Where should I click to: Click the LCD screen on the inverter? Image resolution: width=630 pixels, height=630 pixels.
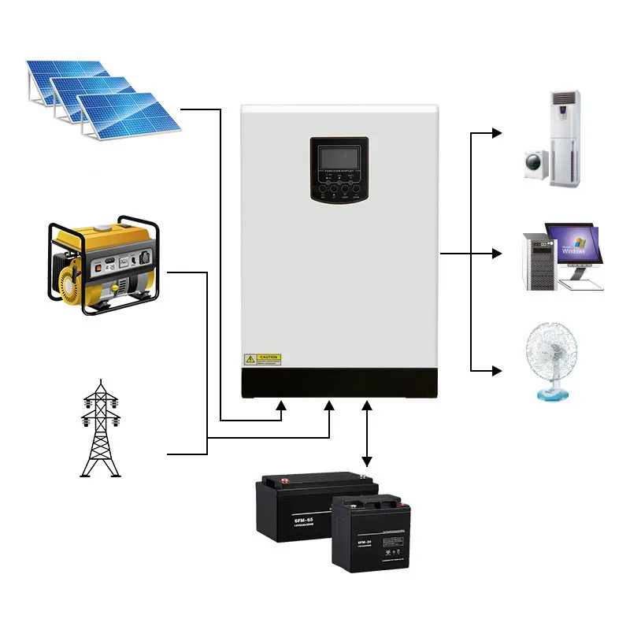coord(339,155)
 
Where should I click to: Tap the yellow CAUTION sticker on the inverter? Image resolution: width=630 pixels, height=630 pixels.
coord(263,359)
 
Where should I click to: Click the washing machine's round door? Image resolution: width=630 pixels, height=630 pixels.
coord(536,165)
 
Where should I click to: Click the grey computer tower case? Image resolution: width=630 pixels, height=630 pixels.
coord(538,261)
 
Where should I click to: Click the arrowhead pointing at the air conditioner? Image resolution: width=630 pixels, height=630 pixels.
coord(496,133)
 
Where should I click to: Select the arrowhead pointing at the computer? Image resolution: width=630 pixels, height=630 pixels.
coord(496,254)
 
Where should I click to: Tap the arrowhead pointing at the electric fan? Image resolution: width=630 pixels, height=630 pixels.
coord(496,369)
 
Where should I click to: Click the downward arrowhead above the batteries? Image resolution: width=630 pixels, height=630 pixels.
coord(366,461)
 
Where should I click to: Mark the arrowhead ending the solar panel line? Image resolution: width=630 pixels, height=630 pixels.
coord(282,406)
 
